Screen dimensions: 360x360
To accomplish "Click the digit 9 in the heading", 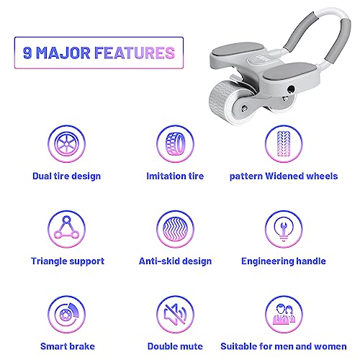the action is pyautogui.click(x=27, y=53).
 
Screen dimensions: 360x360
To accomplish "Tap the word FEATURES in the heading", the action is pyautogui.click(x=135, y=53).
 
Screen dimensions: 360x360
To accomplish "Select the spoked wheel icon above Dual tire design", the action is pyautogui.click(x=66, y=144).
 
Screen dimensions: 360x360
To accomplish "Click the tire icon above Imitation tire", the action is pyautogui.click(x=175, y=144).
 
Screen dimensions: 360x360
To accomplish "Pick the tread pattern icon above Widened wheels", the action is pyautogui.click(x=284, y=144).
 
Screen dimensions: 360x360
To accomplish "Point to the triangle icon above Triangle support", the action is pyautogui.click(x=66, y=229).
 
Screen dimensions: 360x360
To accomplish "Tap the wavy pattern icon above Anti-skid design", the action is pyautogui.click(x=175, y=229).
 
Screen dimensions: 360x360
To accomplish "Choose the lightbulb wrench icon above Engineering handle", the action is pyautogui.click(x=284, y=229).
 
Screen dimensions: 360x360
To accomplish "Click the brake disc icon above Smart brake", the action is pyautogui.click(x=66, y=314).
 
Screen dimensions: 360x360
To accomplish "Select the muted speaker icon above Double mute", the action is pyautogui.click(x=175, y=314).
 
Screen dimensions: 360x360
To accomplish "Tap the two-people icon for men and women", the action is pyautogui.click(x=284, y=314).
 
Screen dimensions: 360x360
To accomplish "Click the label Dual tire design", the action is pyautogui.click(x=66, y=176).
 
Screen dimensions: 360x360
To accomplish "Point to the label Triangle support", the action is pyautogui.click(x=68, y=261).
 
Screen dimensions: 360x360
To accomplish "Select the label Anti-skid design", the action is pyautogui.click(x=175, y=261).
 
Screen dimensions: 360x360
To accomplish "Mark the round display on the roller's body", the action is pyautogui.click(x=261, y=60).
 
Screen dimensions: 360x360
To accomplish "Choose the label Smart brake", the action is pyautogui.click(x=68, y=346).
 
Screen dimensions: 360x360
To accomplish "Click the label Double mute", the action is pyautogui.click(x=175, y=346).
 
